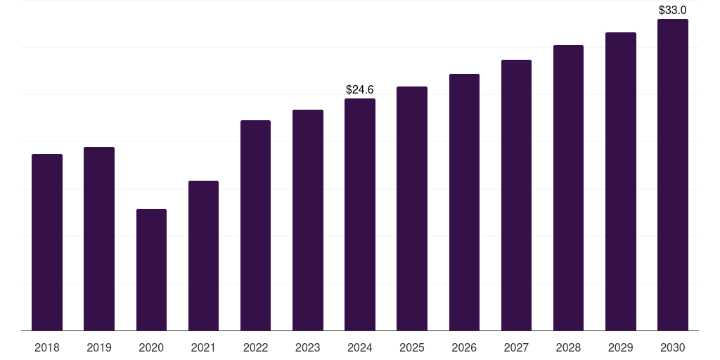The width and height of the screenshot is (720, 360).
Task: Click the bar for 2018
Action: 47,242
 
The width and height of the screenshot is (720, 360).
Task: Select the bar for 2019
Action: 99,238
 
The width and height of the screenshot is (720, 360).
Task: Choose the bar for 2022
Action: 255,225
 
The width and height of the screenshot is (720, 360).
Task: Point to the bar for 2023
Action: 308,220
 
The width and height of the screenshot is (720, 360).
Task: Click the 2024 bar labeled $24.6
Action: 360,214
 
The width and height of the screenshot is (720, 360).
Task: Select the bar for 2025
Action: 412,208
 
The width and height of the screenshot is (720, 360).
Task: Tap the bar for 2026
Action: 464,202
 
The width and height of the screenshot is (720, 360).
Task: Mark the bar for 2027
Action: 516,195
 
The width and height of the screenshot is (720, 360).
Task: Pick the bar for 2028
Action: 568,188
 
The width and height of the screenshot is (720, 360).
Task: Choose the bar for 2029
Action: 621,181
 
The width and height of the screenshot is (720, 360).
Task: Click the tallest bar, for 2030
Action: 673,174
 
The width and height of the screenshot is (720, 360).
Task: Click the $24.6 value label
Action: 360,89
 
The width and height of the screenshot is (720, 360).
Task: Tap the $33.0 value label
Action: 673,10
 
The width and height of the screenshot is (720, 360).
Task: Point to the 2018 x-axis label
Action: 47,347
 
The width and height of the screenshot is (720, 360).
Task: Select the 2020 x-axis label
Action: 151,347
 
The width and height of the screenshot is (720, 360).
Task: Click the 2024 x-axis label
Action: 360,347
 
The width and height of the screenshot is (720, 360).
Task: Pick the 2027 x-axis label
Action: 516,347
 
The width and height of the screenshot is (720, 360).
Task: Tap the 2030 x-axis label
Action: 673,347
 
